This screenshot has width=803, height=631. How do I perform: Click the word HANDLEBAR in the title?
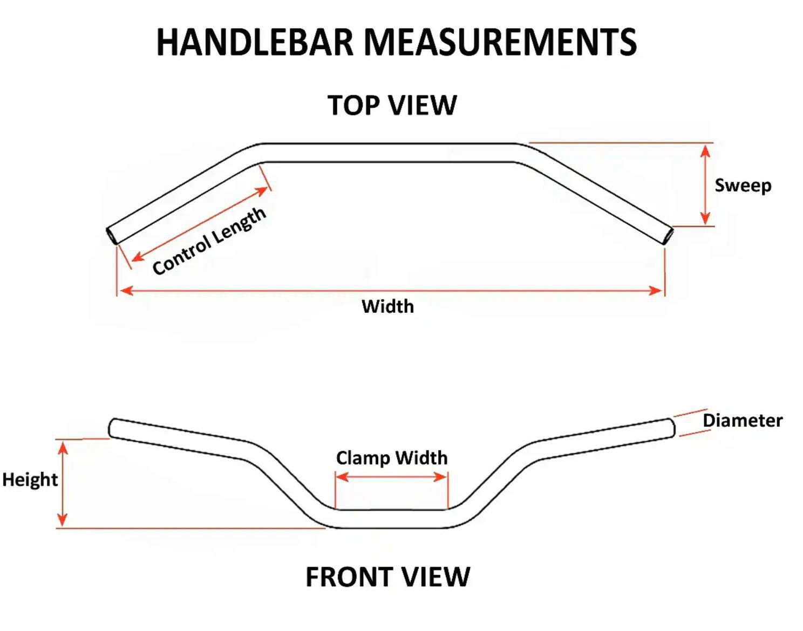[x=254, y=42]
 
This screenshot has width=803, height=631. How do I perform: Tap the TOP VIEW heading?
[x=392, y=105]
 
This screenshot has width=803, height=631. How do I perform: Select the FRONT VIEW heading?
[x=387, y=577]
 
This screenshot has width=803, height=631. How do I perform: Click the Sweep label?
[x=743, y=186]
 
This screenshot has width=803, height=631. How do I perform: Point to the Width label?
[x=387, y=306]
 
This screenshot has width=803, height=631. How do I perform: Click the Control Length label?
[x=209, y=241]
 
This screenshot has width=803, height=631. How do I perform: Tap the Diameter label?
[x=742, y=420]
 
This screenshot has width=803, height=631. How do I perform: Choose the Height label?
[x=30, y=479]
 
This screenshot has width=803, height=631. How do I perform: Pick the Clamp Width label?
[x=392, y=458]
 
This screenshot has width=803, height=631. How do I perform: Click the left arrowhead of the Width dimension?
[x=126, y=291]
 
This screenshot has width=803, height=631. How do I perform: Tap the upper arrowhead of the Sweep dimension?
[x=705, y=150]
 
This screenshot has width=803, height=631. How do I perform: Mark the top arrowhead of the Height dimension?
[x=63, y=447]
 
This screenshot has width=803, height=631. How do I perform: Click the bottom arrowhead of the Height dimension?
[x=63, y=520]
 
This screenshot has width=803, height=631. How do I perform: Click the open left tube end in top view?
[x=111, y=236]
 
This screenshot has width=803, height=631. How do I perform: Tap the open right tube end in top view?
[x=669, y=236]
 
